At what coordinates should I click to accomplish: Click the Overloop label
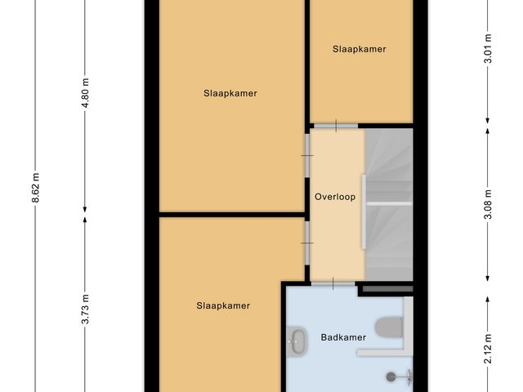coord(335,196)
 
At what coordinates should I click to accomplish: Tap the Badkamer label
coord(342,336)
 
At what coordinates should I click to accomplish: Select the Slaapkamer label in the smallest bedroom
coord(359,49)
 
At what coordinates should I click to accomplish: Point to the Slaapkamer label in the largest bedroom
coord(230,93)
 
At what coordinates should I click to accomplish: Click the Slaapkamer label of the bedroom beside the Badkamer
coord(222,305)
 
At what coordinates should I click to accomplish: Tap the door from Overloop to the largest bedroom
coord(306,155)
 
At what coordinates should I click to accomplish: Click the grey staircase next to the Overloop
coord(388,204)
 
